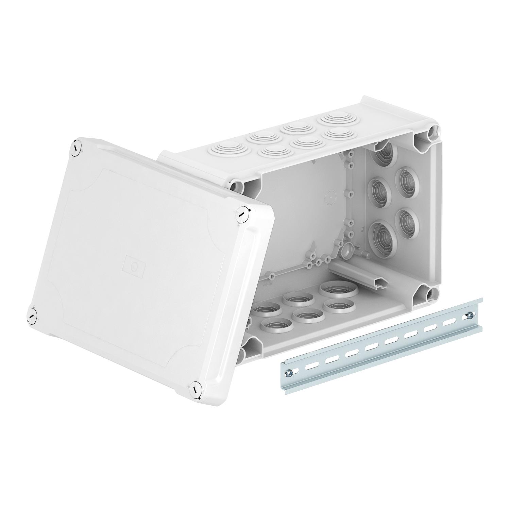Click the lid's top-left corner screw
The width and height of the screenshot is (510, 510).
tap(75, 149)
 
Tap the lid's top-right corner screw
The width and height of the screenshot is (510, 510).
tap(242, 215)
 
